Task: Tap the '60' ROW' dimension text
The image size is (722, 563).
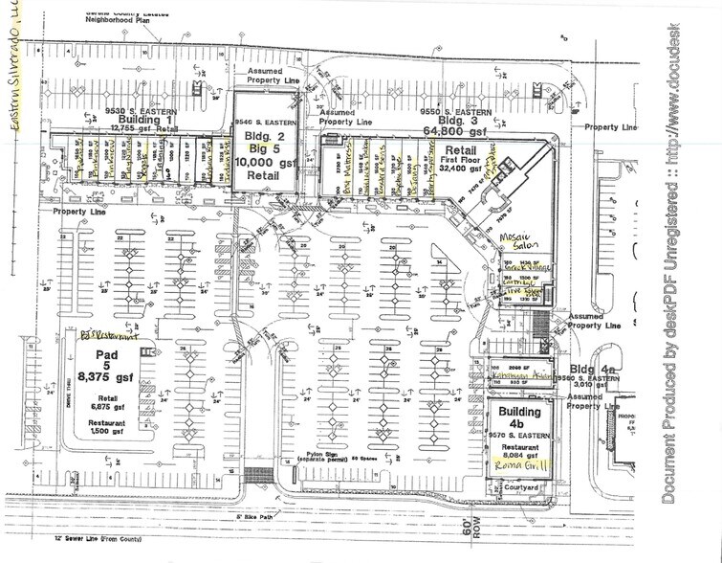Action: pos(467,530)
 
